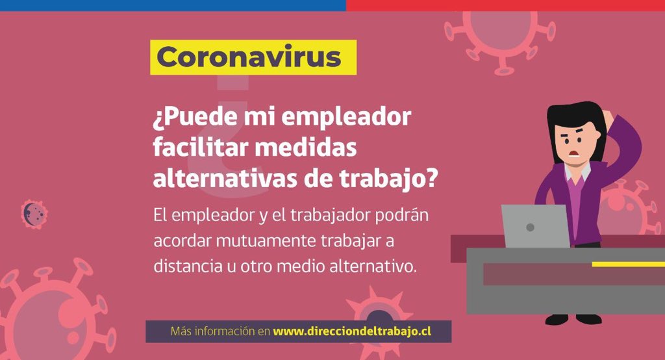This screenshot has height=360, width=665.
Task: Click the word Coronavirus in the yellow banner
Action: [249, 57]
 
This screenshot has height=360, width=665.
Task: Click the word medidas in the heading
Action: [306, 148]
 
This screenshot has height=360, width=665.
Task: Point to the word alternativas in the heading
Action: [225, 179]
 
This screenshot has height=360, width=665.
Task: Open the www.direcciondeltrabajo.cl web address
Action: [352, 331]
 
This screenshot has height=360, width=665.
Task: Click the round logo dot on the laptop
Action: [530, 227]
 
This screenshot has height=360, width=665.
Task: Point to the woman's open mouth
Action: [574, 153]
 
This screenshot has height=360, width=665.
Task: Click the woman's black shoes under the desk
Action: [573, 319]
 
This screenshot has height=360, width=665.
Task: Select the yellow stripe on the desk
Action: [629, 264]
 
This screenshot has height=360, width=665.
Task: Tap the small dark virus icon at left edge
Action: [34, 214]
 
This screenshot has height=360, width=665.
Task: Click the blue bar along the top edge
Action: [173, 5]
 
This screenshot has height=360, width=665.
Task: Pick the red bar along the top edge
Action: [505, 5]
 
